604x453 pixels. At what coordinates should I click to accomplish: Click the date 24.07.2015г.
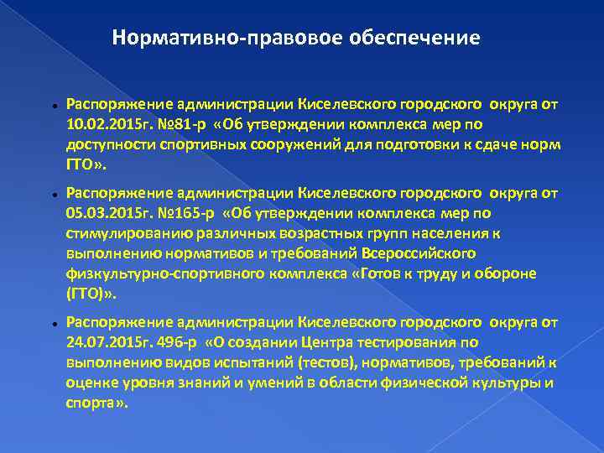[x=104, y=341]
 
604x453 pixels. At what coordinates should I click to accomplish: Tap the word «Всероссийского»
[x=427, y=253]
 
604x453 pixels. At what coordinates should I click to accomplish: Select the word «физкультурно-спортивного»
[x=148, y=273]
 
